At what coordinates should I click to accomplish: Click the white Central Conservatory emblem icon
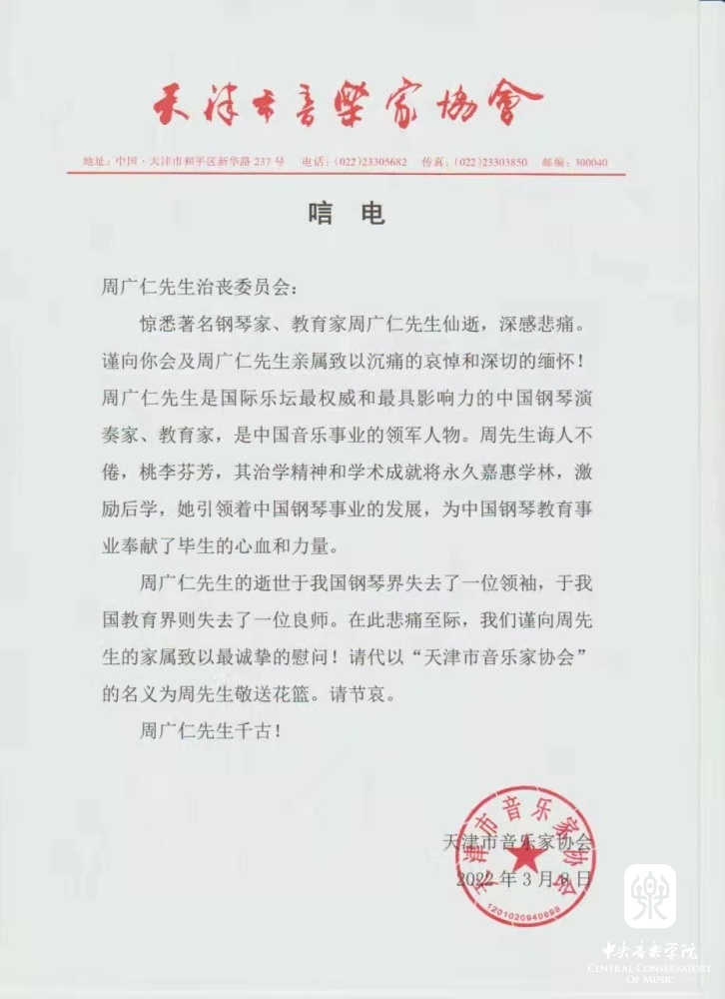[649, 896]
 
